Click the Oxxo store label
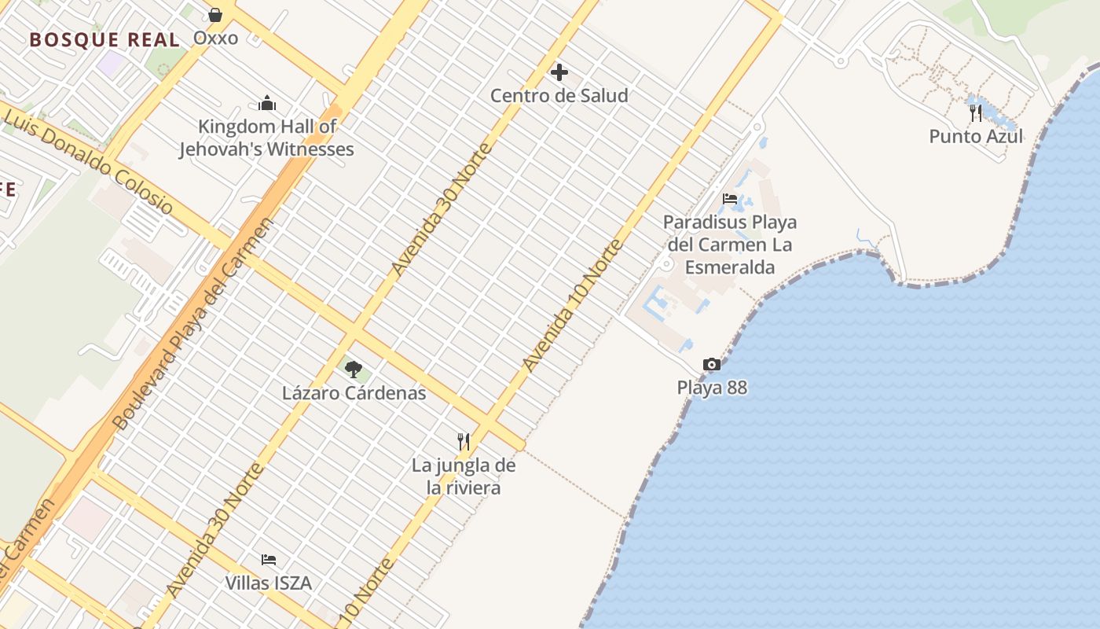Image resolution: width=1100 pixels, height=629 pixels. pos(215,38)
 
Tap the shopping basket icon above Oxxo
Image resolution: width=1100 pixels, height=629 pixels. pos(215,15)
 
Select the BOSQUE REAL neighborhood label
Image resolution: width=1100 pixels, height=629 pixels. pos(104,40)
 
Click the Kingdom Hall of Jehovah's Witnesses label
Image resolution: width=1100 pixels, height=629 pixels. pos(266,138)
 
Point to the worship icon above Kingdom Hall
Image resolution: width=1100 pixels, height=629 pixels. pos(267,103)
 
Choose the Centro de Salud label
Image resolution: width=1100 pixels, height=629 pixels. pos(559,96)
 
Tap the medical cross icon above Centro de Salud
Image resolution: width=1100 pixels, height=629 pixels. pos(559,73)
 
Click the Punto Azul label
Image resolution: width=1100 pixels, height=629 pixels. pos(976,137)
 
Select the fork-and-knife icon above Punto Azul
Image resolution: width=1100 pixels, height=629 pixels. pos(976,113)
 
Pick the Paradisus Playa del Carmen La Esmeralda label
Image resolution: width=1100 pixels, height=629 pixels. pos(730,245)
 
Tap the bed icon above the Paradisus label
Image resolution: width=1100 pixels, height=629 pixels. pos(730,199)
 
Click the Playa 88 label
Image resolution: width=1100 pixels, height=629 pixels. pos(712,388)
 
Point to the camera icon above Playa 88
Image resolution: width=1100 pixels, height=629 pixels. pos(712,365)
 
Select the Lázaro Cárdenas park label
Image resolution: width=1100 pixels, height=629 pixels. pos(354,393)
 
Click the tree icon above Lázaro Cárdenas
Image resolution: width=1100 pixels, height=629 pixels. pos(354,369)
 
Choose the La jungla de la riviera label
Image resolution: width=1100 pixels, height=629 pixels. pos(464,476)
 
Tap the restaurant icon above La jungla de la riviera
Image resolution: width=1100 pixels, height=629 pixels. pos(464,442)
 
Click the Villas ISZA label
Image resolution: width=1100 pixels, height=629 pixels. pos(268,583)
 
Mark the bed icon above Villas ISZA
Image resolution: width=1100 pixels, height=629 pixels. pos(269,560)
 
